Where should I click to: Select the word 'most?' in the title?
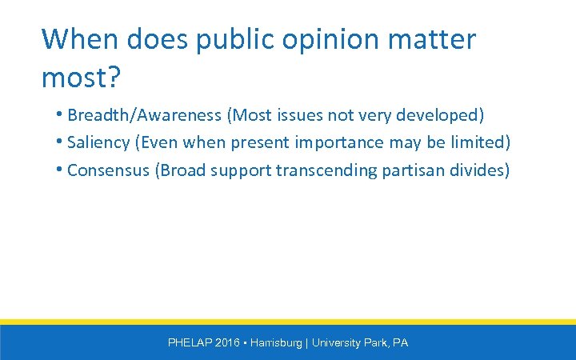81,77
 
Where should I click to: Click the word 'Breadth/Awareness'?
145,116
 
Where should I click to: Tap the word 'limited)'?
482,143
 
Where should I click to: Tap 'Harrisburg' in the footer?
276,342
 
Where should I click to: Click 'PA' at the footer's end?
401,342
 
